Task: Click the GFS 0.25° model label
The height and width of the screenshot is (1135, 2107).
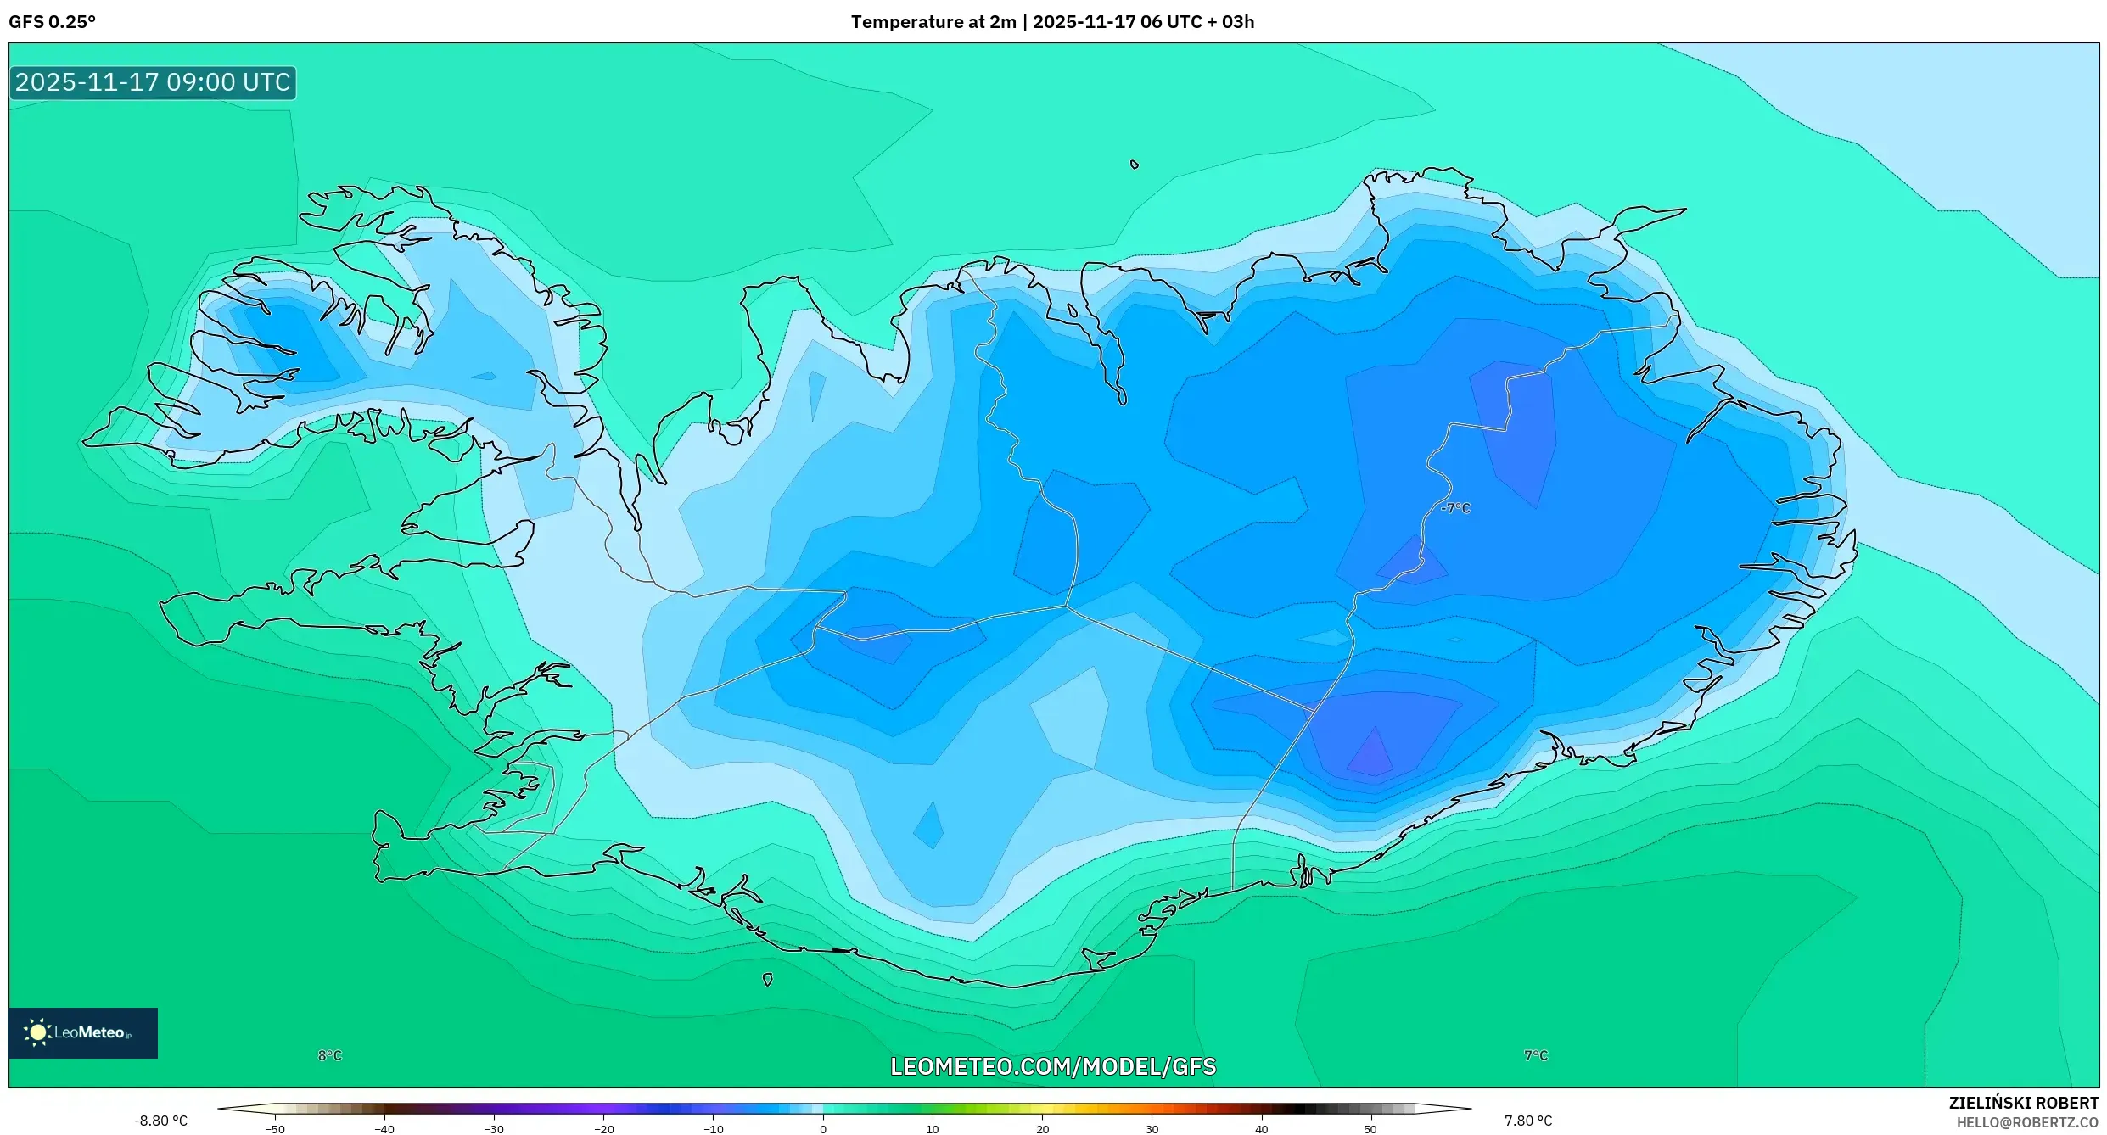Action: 52,22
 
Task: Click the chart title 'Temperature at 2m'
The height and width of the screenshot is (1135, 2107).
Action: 933,22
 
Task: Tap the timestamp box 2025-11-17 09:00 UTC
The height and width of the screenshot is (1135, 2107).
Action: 153,82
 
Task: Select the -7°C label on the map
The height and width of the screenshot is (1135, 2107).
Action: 1455,508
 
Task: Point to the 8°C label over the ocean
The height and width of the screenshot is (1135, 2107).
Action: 329,1055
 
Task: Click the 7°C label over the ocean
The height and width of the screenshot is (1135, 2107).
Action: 1535,1055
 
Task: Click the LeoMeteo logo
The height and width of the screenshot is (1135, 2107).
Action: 82,1032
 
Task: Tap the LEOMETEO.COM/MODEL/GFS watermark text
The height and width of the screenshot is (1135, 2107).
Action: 1052,1066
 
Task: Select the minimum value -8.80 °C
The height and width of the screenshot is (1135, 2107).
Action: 160,1121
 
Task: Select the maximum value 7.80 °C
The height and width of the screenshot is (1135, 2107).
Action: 1527,1121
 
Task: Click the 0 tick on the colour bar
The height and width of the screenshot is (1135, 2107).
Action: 822,1129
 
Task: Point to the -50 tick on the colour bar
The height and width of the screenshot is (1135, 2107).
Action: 274,1129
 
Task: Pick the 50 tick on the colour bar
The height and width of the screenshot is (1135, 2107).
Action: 1370,1129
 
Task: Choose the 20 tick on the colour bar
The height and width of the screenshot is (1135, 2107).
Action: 1042,1129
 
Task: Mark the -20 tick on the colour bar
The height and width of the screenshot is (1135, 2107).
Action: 603,1129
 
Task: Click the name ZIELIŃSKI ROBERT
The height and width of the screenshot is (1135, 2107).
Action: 2023,1103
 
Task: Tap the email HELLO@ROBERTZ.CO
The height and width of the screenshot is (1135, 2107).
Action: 2026,1123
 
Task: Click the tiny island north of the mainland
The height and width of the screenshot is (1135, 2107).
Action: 1134,165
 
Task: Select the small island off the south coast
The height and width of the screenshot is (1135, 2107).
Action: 767,980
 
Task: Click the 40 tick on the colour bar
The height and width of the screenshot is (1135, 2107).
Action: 1261,1129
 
